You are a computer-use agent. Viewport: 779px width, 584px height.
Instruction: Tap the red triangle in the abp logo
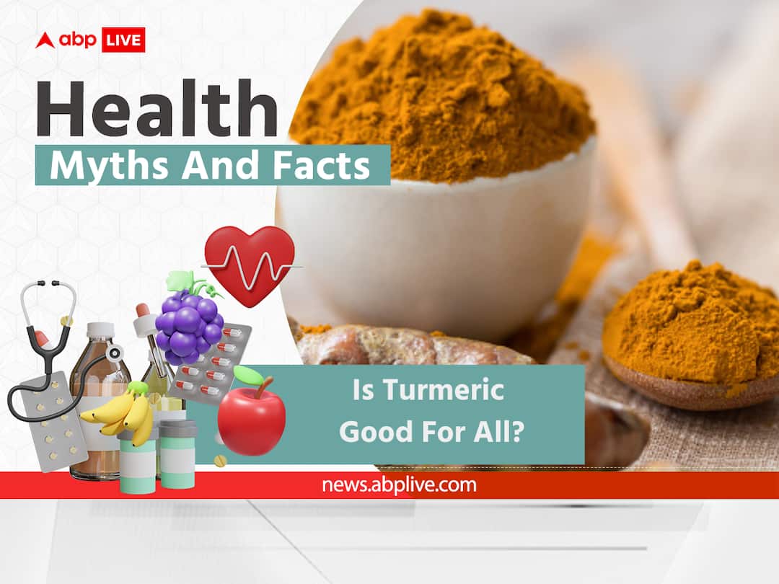pyautogui.click(x=45, y=41)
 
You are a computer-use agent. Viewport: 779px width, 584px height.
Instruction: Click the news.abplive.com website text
pyautogui.click(x=399, y=485)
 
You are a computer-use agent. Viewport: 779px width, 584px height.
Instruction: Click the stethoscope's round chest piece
pyautogui.click(x=114, y=353)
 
